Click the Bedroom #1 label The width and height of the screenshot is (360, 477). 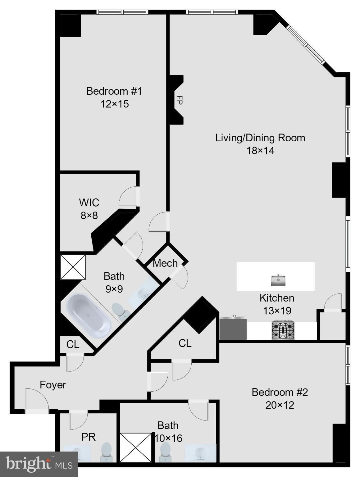(114, 91)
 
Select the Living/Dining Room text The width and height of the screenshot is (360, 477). (260, 138)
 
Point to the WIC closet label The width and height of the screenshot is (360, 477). (89, 202)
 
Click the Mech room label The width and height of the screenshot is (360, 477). (165, 263)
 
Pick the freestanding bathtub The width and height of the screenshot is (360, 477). (89, 312)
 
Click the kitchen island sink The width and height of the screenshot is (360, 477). (278, 280)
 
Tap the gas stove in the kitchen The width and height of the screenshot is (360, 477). (283, 330)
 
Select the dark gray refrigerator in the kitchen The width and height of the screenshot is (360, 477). (233, 328)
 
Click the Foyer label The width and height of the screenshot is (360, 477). (53, 385)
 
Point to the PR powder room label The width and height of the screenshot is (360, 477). (89, 437)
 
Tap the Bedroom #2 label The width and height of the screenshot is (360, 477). (280, 392)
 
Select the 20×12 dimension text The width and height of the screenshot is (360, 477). (280, 405)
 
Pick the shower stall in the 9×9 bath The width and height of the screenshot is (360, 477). (73, 267)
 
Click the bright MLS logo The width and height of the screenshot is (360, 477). (39, 464)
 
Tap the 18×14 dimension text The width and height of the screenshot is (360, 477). (260, 151)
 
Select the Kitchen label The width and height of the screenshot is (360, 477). (277, 298)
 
